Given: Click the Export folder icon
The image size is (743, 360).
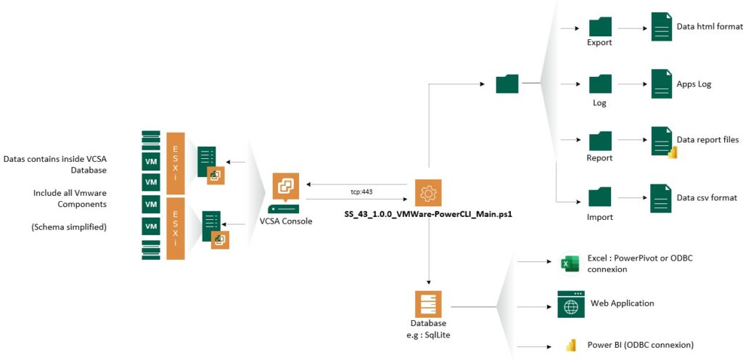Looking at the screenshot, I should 600,27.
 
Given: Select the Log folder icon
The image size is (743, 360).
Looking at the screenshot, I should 600,86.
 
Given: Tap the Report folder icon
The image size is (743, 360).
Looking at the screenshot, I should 600,141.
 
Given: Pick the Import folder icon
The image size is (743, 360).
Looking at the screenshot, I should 600,198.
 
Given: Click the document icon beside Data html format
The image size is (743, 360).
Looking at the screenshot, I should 661,27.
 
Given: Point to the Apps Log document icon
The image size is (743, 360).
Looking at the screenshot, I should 661,84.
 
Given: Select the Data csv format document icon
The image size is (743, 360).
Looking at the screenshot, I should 661,198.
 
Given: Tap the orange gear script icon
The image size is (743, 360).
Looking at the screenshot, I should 428,192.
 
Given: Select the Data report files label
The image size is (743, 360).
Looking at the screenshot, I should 707,139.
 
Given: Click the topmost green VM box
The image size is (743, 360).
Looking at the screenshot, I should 151,161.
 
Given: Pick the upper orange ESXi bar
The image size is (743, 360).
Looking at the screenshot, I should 176,162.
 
